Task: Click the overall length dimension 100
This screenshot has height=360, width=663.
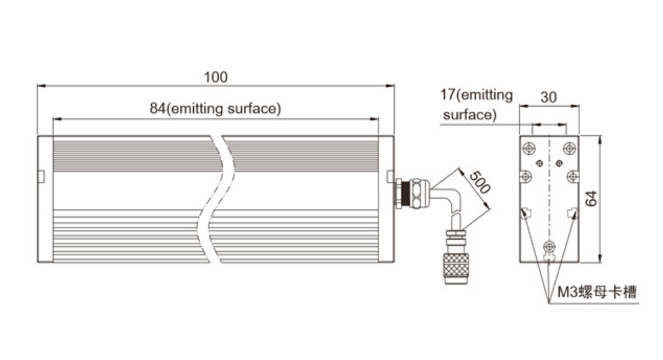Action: pos(215,77)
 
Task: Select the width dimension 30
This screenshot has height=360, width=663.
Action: pos(549,97)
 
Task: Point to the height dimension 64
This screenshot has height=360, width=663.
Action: pos(592,198)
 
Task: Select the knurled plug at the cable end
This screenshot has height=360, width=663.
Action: pos(455,266)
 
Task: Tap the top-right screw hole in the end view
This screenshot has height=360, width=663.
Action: pos(570,148)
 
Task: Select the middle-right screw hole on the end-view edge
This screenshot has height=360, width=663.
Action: pos(572,176)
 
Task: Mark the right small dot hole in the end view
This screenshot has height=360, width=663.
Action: pos(558,162)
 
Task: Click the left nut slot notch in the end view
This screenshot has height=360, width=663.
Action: pos(527,212)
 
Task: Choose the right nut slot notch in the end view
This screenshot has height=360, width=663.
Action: pos(572,212)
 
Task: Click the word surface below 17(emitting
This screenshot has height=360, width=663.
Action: pos(468,114)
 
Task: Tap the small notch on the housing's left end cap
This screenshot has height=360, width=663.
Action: pos(41,177)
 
